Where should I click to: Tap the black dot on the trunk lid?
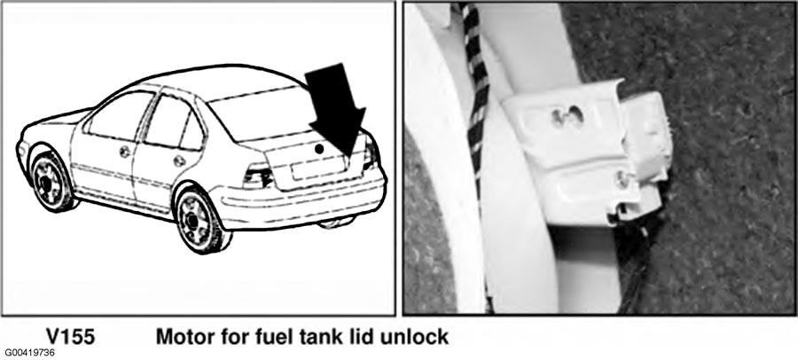[x=319, y=149]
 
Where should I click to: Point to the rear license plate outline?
[x=318, y=168]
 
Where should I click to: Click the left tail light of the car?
[x=258, y=176]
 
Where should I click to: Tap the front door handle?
[x=125, y=152]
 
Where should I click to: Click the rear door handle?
[x=179, y=160]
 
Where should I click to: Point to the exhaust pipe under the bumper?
[x=334, y=223]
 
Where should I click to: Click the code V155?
[x=70, y=337]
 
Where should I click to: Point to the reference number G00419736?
[x=29, y=353]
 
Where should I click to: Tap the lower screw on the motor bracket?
[x=622, y=177]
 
